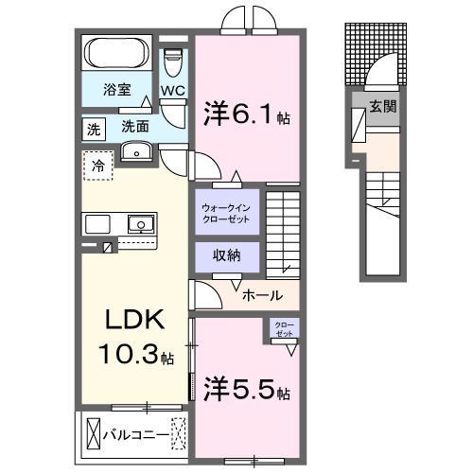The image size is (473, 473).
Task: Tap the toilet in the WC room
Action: (x=172, y=63)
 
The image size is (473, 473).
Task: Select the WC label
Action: (x=172, y=91)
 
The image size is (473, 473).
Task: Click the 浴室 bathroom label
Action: (x=117, y=96)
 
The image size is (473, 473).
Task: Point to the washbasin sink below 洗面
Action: (x=137, y=150)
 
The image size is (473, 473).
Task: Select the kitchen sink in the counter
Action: (x=141, y=224)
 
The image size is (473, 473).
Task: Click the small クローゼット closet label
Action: (x=284, y=329)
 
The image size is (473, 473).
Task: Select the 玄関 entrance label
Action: (x=382, y=106)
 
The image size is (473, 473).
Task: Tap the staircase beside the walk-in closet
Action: (x=283, y=232)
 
